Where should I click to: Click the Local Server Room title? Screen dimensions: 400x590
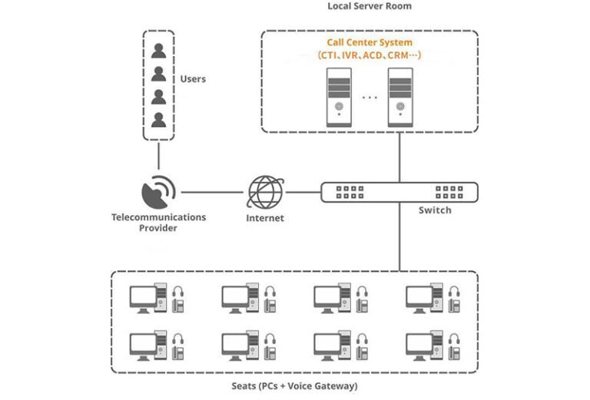point(370,6)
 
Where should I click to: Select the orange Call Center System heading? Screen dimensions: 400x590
point(370,43)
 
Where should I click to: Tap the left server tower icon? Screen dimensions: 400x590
point(340,97)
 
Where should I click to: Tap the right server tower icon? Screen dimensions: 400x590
point(401,97)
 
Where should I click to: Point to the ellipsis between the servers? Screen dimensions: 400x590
point(370,98)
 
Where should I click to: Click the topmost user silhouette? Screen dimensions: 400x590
point(159,51)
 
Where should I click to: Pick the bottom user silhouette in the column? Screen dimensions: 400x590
point(159,120)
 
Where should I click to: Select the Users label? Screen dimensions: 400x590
point(193,79)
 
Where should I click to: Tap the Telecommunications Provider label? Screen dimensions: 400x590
point(159,223)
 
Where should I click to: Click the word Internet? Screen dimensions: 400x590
point(265,218)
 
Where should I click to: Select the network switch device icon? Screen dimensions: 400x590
point(399,192)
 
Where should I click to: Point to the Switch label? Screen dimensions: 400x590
point(435,210)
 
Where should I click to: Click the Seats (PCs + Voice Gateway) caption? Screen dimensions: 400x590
point(295,386)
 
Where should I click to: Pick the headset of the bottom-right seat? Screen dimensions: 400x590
point(455,342)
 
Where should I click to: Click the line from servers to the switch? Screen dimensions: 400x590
point(399,157)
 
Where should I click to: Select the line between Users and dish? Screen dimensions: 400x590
point(159,156)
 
